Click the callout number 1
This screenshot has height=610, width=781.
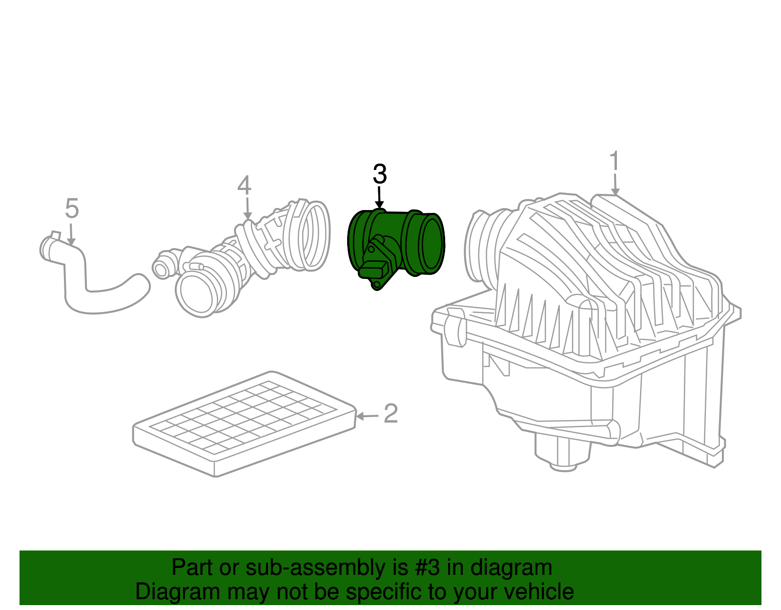614,161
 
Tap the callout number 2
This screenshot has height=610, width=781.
390,414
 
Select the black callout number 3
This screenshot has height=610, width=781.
379,174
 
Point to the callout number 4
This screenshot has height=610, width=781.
245,186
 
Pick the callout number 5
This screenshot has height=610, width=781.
71,209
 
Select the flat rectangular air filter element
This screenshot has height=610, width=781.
244,422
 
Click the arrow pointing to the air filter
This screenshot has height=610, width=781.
367,416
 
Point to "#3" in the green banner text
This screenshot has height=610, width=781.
427,568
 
